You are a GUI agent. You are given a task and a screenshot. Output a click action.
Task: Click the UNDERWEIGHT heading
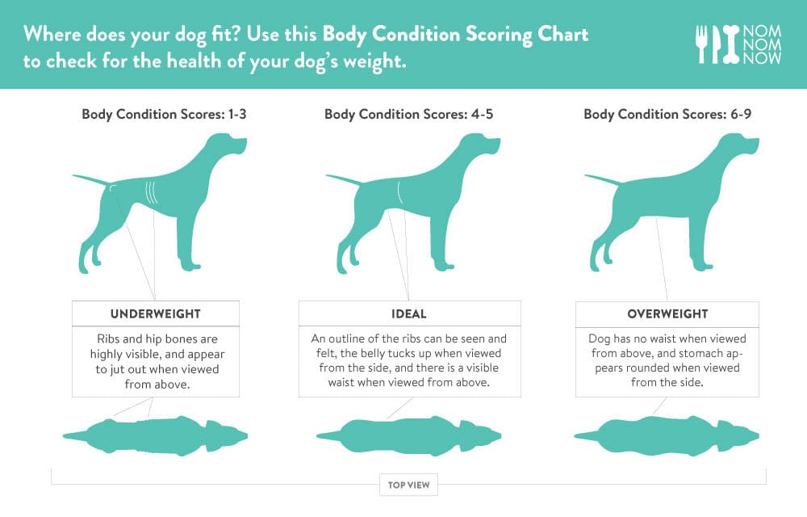(x=156, y=313)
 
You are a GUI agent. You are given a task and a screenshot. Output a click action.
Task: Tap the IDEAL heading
(x=409, y=313)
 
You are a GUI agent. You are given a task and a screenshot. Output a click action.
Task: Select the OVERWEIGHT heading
(x=667, y=313)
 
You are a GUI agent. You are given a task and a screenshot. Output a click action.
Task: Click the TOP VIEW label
(x=408, y=485)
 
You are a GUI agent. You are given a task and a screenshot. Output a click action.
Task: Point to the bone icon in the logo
(x=731, y=44)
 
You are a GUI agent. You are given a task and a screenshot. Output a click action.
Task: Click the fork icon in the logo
(x=701, y=44)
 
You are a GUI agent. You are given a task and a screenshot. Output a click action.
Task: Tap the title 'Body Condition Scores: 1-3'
(x=164, y=114)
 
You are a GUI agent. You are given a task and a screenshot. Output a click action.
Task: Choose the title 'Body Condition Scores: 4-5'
(x=408, y=114)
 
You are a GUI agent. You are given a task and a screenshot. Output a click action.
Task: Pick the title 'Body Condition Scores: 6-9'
(x=667, y=114)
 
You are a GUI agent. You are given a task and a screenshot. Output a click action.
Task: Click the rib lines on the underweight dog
(x=151, y=192)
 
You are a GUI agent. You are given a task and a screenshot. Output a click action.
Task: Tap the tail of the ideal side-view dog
(x=344, y=179)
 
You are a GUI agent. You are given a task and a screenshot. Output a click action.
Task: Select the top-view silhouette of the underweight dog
(x=156, y=435)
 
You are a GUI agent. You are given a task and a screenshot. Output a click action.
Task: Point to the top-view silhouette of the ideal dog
(x=408, y=435)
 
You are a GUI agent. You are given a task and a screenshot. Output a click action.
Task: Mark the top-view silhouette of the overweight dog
(x=667, y=435)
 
